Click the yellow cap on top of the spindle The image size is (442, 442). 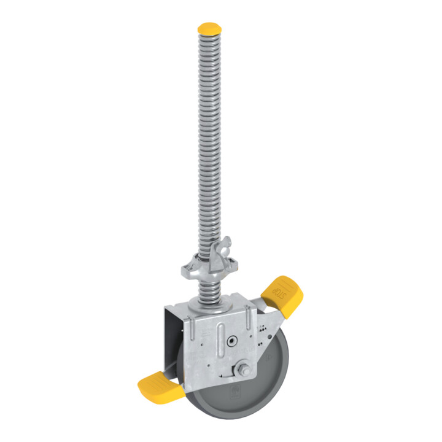(209, 29)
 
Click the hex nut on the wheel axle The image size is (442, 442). (244, 370)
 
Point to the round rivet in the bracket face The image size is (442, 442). (231, 341)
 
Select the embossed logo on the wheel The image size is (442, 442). (235, 392)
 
